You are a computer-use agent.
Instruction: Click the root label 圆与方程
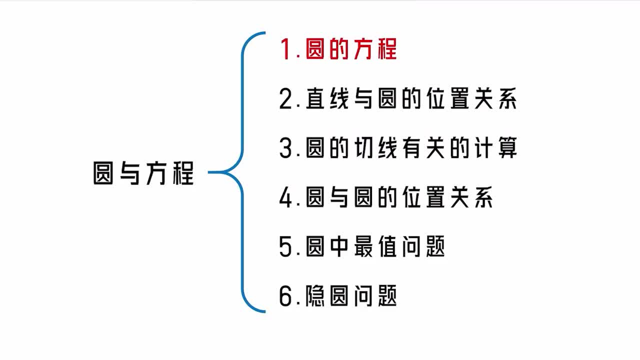point(143,173)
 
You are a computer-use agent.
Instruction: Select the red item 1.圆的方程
point(338,50)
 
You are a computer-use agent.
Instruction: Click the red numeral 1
point(286,50)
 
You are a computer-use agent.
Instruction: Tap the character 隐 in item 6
point(315,297)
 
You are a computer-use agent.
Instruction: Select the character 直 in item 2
point(315,99)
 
